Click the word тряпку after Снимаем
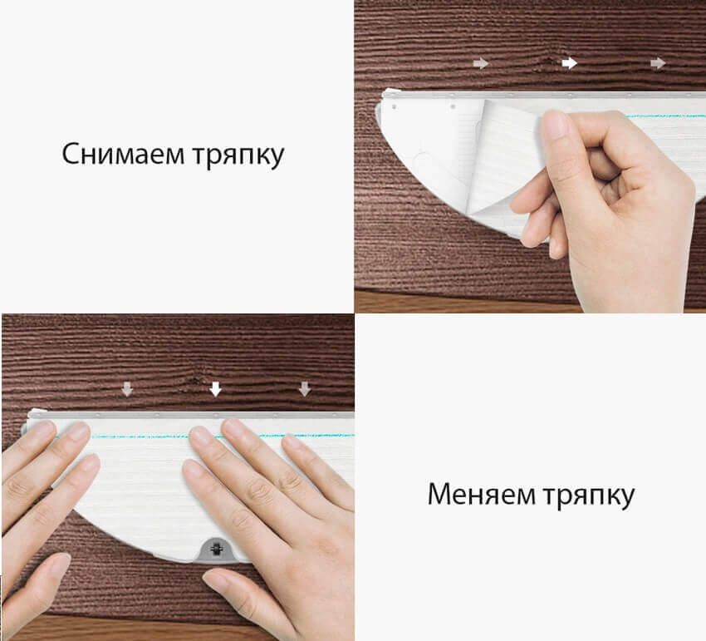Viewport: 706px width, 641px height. (x=238, y=156)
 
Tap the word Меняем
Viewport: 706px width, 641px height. (x=481, y=494)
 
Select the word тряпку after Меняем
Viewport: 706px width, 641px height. (x=589, y=496)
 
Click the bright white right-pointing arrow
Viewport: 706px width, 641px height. (x=570, y=63)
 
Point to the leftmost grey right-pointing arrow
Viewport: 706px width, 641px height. (x=481, y=63)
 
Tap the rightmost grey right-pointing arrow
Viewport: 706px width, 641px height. (x=658, y=63)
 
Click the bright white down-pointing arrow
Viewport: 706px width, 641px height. (x=216, y=389)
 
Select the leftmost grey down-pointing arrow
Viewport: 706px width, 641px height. (x=127, y=389)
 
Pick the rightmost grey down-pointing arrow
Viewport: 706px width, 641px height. (x=305, y=389)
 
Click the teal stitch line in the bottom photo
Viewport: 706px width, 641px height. (x=223, y=436)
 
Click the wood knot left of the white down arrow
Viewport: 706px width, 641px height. (x=199, y=381)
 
